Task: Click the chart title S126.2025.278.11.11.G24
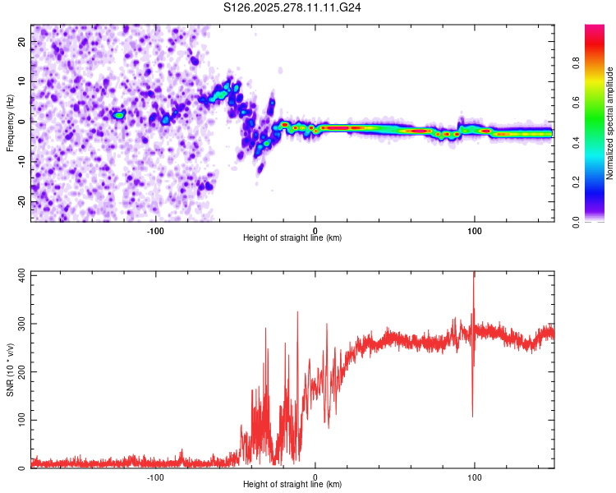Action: [x=293, y=7]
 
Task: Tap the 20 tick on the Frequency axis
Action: [x=22, y=41]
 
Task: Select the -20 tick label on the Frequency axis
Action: [x=21, y=201]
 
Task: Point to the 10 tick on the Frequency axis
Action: [x=22, y=81]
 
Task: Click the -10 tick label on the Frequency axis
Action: [x=21, y=161]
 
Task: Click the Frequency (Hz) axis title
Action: [x=10, y=122]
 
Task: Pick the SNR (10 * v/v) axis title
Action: [x=10, y=370]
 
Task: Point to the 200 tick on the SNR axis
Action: [x=19, y=371]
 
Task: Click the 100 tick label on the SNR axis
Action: [x=19, y=420]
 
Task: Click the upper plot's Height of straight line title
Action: [x=292, y=237]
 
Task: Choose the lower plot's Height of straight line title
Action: [x=292, y=484]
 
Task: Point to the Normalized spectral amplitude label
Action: [x=609, y=123]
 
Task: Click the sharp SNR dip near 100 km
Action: [x=472, y=415]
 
